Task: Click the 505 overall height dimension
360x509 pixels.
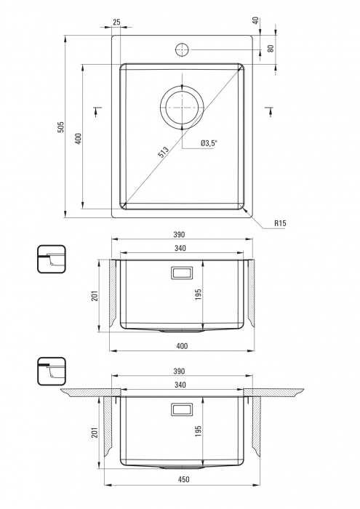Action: (60, 127)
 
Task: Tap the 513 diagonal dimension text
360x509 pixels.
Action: (164, 152)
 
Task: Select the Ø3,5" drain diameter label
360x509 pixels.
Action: (209, 143)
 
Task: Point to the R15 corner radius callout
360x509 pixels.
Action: (280, 223)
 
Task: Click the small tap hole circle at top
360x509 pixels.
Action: (182, 49)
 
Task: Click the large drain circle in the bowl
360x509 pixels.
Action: (182, 107)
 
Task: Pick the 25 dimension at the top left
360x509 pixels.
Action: (116, 22)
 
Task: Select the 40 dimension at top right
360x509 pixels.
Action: (256, 21)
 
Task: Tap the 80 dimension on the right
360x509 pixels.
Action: (271, 49)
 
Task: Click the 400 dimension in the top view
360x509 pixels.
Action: (78, 139)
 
